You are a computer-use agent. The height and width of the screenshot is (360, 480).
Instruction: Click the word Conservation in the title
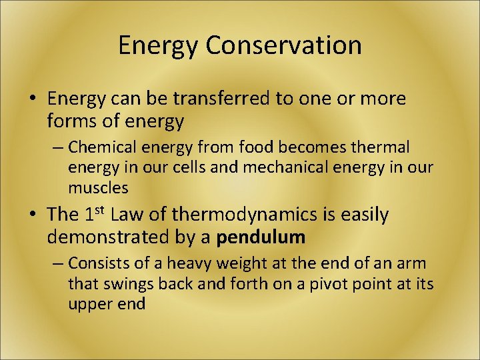(x=283, y=45)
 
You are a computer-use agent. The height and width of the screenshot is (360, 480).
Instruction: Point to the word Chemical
(x=99, y=147)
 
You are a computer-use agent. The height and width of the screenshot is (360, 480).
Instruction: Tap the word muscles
(x=97, y=188)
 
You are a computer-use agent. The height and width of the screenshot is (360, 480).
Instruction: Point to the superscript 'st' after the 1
(x=101, y=210)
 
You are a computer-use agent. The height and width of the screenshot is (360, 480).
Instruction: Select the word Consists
(x=95, y=263)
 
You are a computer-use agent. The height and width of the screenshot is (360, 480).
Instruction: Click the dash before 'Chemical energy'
(x=57, y=147)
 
